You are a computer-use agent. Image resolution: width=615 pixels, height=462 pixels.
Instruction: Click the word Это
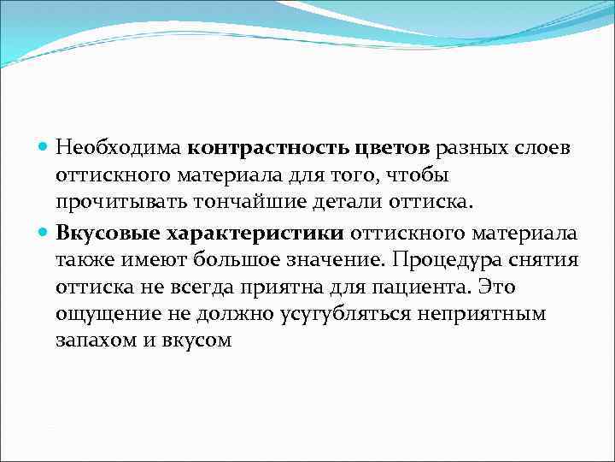(497, 287)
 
